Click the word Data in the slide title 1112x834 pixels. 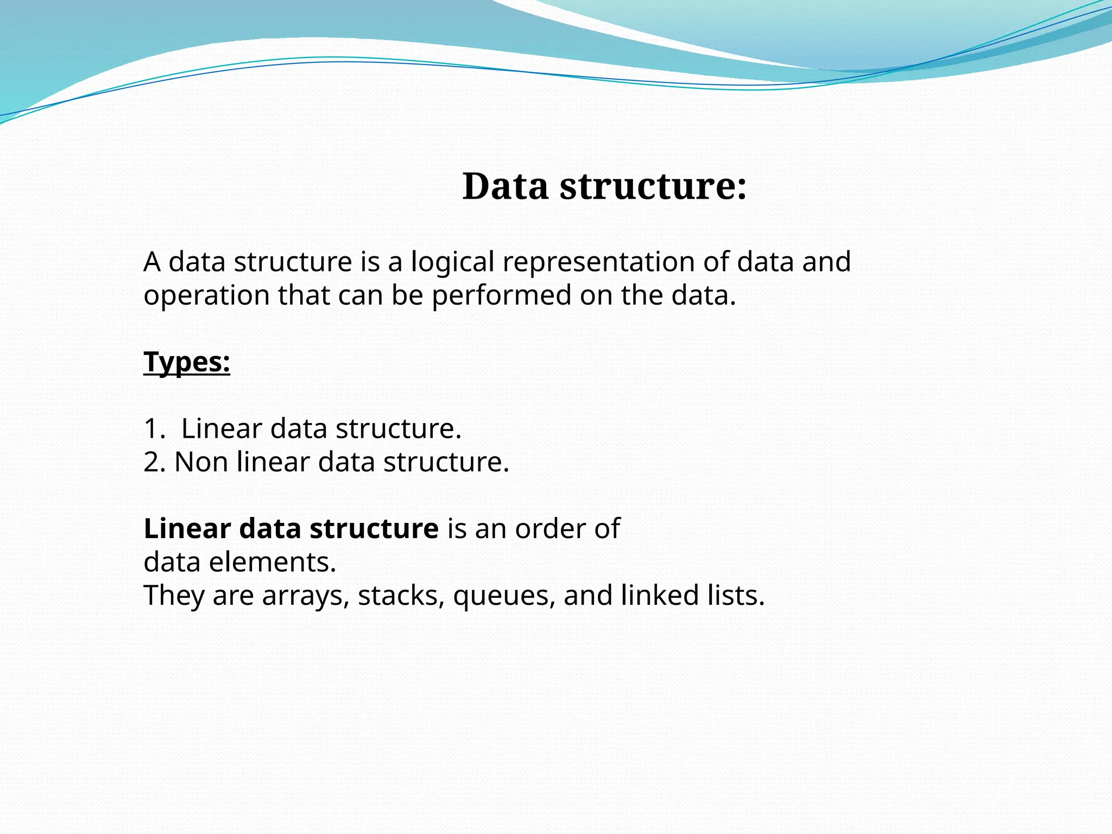point(505,186)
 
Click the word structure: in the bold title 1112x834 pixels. point(653,186)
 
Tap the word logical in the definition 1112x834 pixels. point(452,262)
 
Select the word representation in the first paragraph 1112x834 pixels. point(599,262)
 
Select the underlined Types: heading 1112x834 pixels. point(187,362)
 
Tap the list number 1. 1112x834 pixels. point(153,428)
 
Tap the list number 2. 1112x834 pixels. point(154,462)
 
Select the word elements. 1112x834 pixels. point(273,562)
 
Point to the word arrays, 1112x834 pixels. point(306,596)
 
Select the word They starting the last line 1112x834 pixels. point(174,596)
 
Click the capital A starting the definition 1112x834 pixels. point(152,262)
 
